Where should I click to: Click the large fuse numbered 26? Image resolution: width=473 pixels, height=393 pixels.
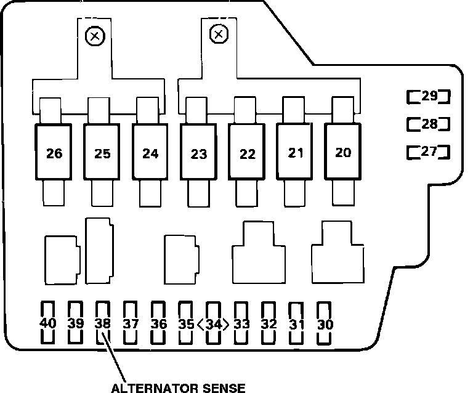point(54,153)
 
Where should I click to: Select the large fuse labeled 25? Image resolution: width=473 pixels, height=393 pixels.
point(102,153)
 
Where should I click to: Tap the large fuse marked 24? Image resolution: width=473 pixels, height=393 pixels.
point(150,153)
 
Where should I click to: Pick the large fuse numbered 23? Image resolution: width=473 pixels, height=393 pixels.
point(198,153)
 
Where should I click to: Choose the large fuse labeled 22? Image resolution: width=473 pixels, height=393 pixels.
point(247,153)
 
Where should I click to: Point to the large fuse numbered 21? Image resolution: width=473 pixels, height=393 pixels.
point(296,152)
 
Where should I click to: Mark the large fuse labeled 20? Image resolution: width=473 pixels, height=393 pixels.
point(344,152)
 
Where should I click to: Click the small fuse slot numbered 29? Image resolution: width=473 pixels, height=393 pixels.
point(429,96)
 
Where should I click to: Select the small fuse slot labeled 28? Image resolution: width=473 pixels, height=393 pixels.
point(429,124)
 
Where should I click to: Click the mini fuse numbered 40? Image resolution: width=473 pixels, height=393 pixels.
point(47,323)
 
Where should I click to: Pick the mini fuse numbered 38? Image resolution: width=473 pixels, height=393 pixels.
point(103,323)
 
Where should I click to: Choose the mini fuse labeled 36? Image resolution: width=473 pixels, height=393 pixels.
point(158,323)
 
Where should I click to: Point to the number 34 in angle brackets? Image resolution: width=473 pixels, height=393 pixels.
point(214,323)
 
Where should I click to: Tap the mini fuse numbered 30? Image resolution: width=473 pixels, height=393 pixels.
point(325,323)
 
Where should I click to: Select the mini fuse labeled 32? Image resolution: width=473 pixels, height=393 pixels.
point(269,323)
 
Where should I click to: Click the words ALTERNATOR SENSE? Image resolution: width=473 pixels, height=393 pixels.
point(178,387)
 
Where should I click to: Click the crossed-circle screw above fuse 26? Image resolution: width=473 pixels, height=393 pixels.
point(94,36)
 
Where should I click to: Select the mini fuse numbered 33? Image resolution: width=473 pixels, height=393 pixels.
point(241,323)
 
